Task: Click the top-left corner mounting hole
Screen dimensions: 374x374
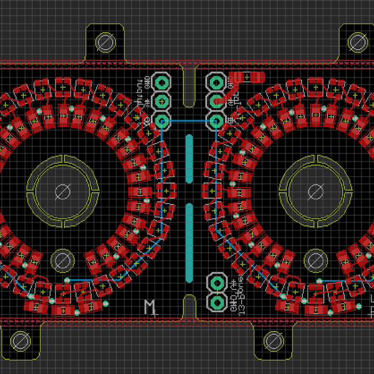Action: coord(105,42)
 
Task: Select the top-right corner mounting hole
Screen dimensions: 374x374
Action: coord(357,42)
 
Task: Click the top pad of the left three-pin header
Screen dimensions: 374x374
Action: coord(162,82)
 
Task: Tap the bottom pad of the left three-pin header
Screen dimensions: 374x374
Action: coord(162,120)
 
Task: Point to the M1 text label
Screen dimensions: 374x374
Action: coord(150,306)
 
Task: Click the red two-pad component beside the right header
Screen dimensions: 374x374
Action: coord(247,77)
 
